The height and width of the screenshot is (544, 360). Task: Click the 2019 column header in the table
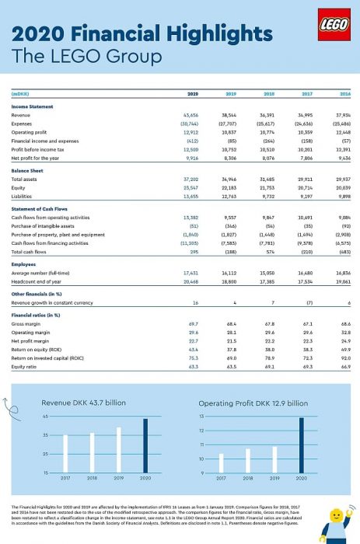(x=230, y=93)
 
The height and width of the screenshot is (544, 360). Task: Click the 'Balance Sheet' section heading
(x=27, y=169)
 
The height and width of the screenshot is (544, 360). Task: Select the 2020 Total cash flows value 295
(x=194, y=252)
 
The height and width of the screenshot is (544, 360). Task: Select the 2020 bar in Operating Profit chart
(x=302, y=445)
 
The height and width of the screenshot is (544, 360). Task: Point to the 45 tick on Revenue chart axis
(x=46, y=417)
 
